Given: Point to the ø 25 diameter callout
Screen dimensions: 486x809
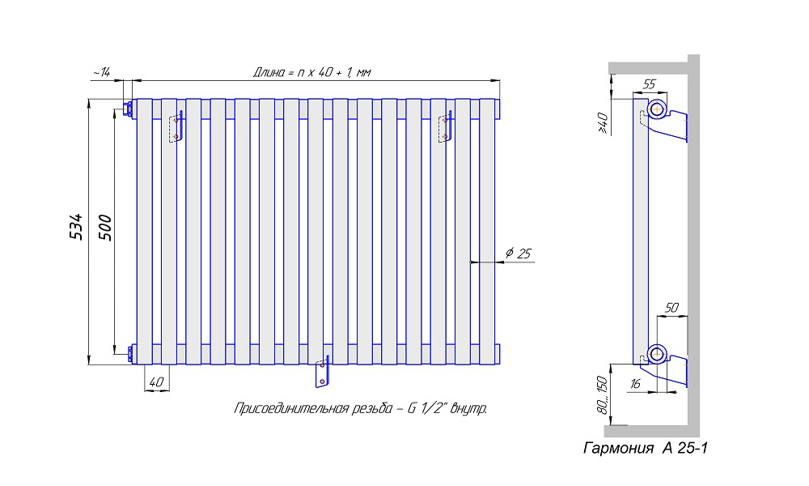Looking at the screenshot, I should [x=518, y=254].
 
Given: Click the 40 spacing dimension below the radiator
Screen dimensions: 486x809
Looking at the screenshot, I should [x=156, y=381].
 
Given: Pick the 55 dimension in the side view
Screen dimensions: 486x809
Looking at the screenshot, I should [x=649, y=83].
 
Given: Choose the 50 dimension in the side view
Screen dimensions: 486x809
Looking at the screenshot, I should [x=671, y=308].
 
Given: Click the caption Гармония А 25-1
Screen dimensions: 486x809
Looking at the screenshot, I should [x=646, y=448].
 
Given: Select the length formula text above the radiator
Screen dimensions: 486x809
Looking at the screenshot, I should [x=312, y=73].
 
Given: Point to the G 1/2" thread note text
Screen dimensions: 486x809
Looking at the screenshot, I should [x=360, y=408].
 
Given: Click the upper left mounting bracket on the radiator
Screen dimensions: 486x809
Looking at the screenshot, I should [x=176, y=127].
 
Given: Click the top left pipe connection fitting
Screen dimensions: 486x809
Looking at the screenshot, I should [x=128, y=109].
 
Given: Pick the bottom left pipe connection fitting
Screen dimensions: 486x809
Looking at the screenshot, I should [x=129, y=353].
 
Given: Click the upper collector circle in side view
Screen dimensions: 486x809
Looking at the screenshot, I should [x=656, y=109].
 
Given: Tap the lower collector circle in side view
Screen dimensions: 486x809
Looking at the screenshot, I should [x=656, y=353].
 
